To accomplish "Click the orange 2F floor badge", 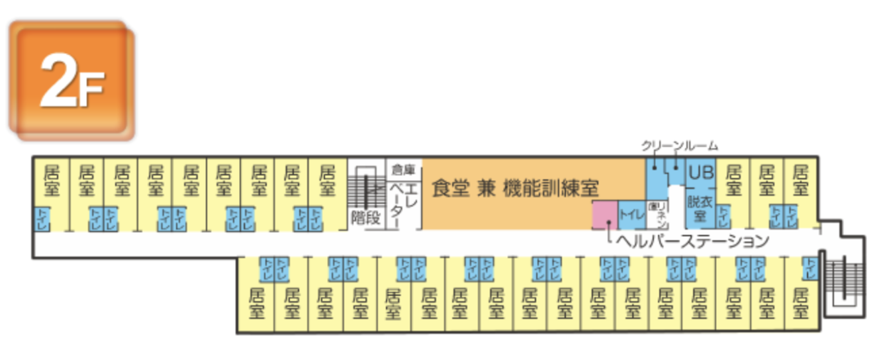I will [x=71, y=81].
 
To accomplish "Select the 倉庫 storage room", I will [x=404, y=169].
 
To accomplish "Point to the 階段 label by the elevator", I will [x=366, y=218].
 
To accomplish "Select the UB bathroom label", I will [x=700, y=173].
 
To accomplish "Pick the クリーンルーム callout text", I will [x=679, y=146].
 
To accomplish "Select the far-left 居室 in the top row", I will [x=51, y=181].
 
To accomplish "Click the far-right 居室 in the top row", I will [x=800, y=181].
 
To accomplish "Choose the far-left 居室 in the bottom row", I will [x=256, y=302].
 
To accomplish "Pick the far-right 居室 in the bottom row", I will [x=800, y=302].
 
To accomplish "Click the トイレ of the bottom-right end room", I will [x=809, y=269].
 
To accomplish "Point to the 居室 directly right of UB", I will [x=732, y=181].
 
